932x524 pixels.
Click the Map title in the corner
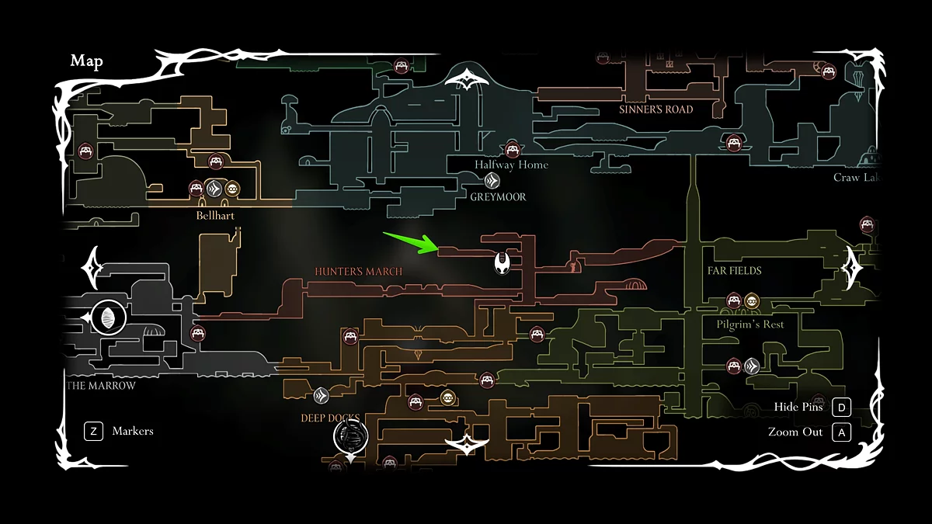[x=87, y=61]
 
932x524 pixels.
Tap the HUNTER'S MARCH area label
[x=359, y=272]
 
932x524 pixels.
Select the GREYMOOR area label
[x=498, y=197]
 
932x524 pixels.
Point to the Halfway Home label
[x=511, y=165]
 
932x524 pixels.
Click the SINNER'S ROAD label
[x=656, y=109]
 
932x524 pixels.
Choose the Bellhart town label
[x=215, y=215]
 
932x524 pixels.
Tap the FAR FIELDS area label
[x=734, y=271]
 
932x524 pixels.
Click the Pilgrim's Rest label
[x=750, y=324]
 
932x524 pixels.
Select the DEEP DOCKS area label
[x=330, y=418]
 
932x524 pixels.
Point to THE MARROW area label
[x=102, y=386]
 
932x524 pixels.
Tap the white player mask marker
[x=503, y=262]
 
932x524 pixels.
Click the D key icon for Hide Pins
[x=841, y=408]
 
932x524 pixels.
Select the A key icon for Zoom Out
[x=841, y=432]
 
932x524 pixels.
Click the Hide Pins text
[x=798, y=408]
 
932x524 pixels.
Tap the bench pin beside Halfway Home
[x=512, y=149]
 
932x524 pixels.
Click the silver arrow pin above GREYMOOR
[x=492, y=181]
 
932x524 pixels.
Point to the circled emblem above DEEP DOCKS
[x=350, y=436]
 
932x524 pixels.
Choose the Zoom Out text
[x=795, y=432]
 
